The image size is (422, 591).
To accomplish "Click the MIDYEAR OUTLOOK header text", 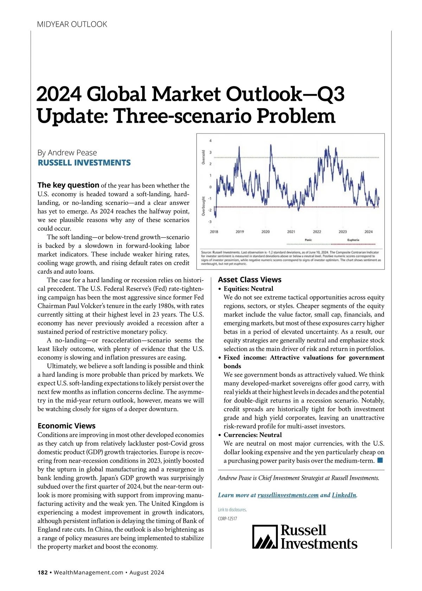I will pyautogui.click(x=72, y=24).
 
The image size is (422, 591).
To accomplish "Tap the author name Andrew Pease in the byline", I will pyautogui.click(x=72, y=153).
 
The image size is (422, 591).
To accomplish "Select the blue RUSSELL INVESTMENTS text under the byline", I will pyautogui.click(x=84, y=163).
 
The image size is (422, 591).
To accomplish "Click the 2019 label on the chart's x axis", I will pyautogui.click(x=239, y=232).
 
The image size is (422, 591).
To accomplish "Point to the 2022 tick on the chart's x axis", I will pyautogui.click(x=317, y=232).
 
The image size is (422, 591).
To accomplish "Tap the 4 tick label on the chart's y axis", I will pyautogui.click(x=211, y=141).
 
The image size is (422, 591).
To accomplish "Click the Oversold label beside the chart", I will pyautogui.click(x=203, y=157).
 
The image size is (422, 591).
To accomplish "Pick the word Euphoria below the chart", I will pyautogui.click(x=353, y=240).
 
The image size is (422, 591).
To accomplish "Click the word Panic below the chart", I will pyautogui.click(x=308, y=240).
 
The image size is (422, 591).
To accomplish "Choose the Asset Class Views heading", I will pyautogui.click(x=250, y=280).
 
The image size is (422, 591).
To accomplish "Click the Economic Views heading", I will pyautogui.click(x=66, y=426).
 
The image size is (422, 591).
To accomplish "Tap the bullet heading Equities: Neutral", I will pyautogui.click(x=248, y=289).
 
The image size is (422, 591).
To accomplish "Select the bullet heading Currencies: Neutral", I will pyautogui.click(x=252, y=435).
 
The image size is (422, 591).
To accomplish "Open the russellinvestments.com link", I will pyautogui.click(x=288, y=495).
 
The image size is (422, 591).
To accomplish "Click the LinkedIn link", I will pyautogui.click(x=344, y=495).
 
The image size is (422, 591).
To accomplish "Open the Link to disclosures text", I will pyautogui.click(x=232, y=510).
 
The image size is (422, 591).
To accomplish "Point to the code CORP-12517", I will pyautogui.click(x=228, y=519).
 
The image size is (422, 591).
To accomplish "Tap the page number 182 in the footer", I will pyautogui.click(x=43, y=572).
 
